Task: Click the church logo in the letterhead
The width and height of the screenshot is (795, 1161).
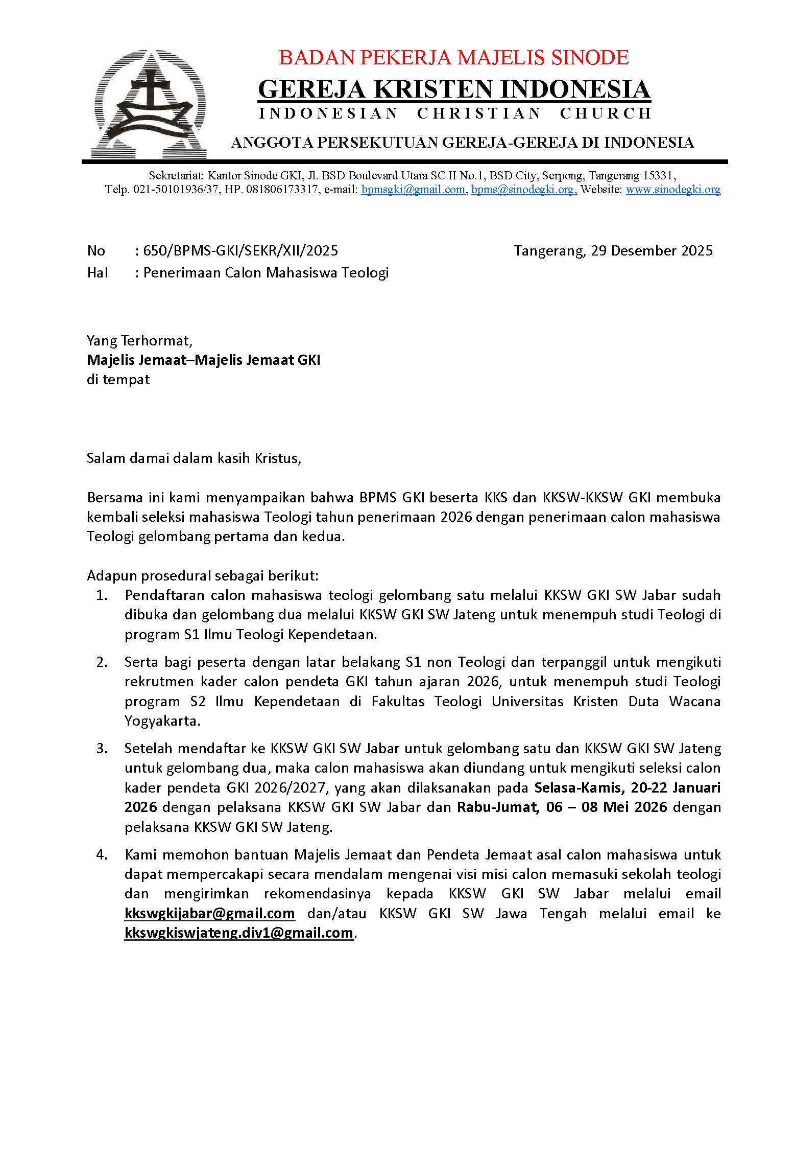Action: (150, 104)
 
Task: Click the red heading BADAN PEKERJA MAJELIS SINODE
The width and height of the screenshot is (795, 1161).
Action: (453, 58)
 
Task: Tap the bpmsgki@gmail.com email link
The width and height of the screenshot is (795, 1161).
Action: (413, 190)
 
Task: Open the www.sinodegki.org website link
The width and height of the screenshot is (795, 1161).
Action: (672, 190)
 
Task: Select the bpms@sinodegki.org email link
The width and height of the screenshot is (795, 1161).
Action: (524, 190)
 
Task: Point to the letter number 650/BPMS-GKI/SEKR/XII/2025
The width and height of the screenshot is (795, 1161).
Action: (240, 251)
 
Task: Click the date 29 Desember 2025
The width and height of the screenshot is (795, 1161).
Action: (651, 251)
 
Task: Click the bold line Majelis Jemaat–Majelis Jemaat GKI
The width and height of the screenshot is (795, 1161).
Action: (203, 360)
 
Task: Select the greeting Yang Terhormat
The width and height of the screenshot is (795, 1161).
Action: (139, 341)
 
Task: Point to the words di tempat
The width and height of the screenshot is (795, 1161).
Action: (118, 380)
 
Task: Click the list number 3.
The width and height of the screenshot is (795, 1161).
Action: (102, 749)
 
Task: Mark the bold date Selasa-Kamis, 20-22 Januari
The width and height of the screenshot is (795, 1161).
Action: (627, 788)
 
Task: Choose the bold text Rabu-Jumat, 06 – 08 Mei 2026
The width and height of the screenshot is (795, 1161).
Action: (562, 807)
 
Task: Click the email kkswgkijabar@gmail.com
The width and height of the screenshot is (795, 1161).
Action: (209, 914)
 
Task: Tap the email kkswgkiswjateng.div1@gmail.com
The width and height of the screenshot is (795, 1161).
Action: (238, 933)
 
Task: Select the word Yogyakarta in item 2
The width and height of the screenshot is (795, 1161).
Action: (162, 721)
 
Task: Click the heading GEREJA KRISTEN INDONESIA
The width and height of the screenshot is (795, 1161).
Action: (453, 89)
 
